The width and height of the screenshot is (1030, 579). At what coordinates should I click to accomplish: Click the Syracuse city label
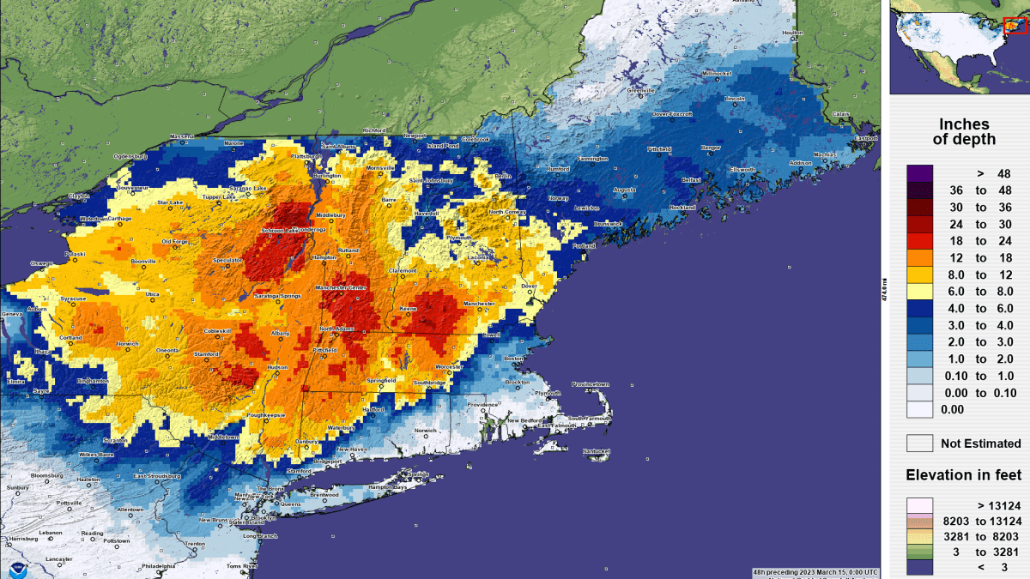tap(73, 299)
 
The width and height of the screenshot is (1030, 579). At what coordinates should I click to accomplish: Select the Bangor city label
tap(711, 148)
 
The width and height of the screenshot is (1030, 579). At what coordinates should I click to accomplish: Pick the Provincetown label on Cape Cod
tap(590, 383)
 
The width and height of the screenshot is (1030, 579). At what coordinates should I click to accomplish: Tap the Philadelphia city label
tap(159, 566)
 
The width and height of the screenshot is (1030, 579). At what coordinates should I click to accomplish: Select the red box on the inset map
tap(1015, 25)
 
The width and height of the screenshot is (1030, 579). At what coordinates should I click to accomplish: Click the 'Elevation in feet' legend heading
tap(964, 475)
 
